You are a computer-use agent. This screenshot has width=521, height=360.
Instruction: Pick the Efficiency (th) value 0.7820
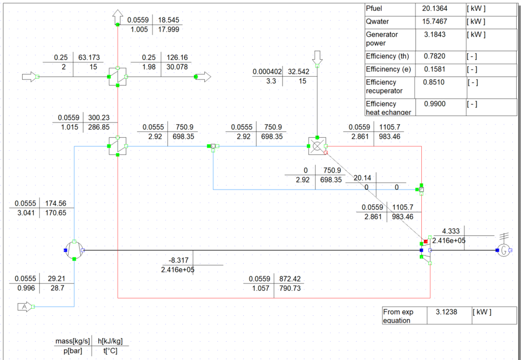click(x=435, y=56)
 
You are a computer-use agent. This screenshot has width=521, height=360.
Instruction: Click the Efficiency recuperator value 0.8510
click(x=435, y=82)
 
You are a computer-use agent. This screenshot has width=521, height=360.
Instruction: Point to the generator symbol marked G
click(x=503, y=250)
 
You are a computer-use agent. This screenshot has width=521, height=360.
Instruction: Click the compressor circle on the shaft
click(x=74, y=250)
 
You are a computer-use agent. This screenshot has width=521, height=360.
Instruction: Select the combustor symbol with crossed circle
click(x=317, y=146)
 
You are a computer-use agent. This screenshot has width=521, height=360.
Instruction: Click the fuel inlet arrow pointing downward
click(x=317, y=57)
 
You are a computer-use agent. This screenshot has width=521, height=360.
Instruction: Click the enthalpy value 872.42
click(x=291, y=279)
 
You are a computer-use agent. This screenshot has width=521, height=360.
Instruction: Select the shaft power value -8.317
click(x=179, y=260)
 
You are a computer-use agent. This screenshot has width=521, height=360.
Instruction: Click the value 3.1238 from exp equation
click(x=442, y=312)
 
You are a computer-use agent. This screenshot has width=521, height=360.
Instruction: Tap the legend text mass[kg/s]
click(x=72, y=341)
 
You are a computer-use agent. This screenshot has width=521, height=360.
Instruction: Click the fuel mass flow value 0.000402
click(x=268, y=71)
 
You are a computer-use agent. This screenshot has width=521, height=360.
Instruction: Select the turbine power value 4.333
click(x=451, y=230)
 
